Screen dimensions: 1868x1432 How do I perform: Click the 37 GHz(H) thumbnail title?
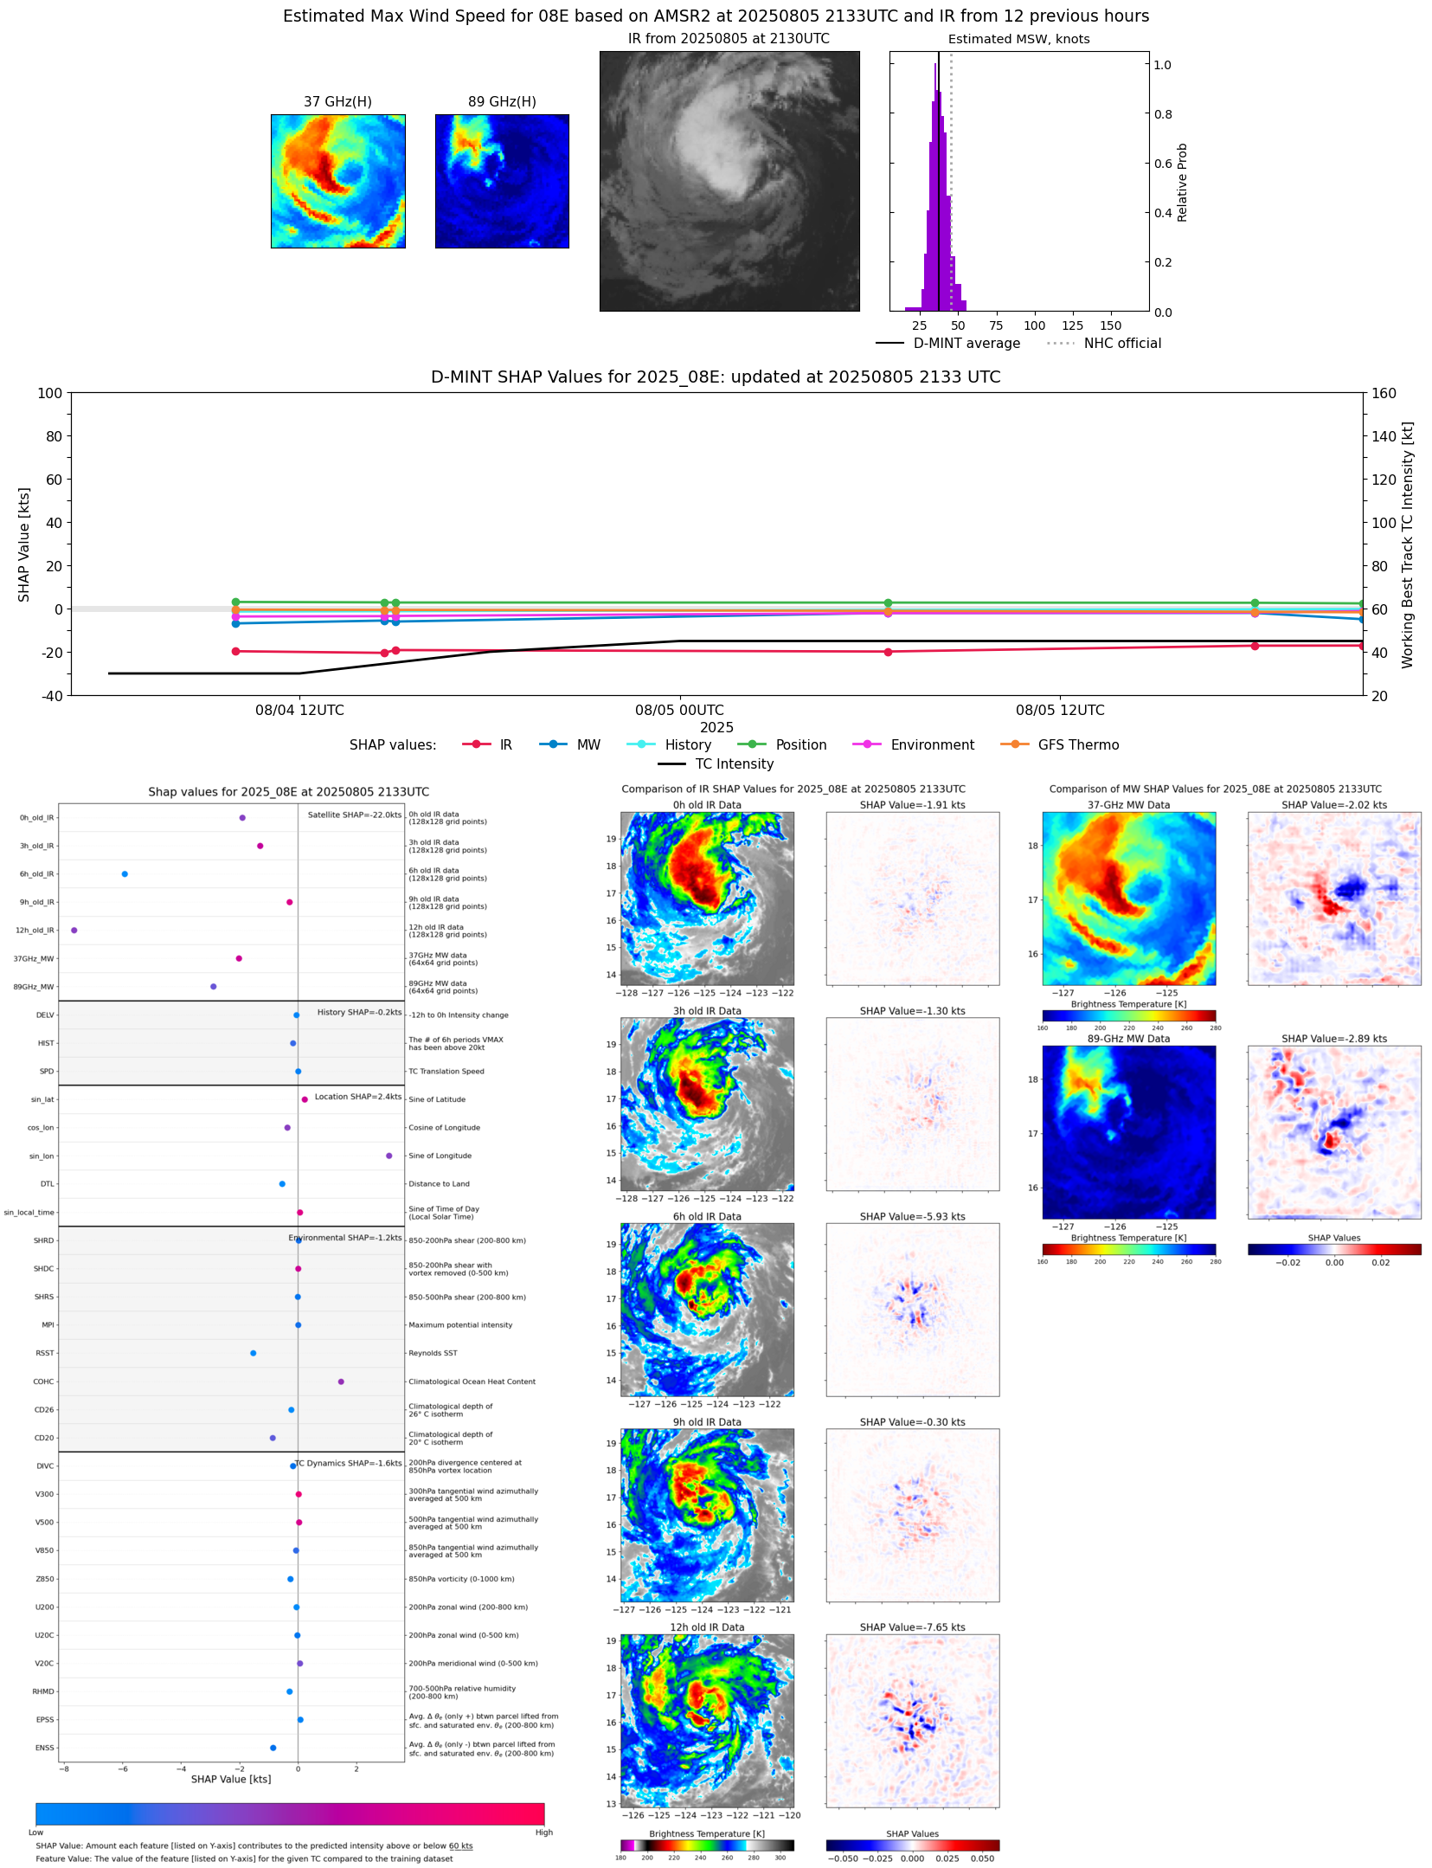click(x=337, y=102)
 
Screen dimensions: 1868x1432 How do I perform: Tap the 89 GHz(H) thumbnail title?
click(x=502, y=102)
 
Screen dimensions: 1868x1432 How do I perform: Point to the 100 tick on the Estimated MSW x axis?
click(x=1034, y=326)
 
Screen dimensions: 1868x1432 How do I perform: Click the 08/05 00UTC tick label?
click(x=679, y=711)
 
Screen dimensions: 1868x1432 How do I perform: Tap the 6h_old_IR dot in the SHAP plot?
click(x=125, y=874)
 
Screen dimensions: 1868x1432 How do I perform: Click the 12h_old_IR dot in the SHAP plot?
click(x=74, y=931)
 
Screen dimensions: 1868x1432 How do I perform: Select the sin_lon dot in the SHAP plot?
click(x=389, y=1156)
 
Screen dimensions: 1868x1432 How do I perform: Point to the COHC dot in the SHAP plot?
click(x=341, y=1382)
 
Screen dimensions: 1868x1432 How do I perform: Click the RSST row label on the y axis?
click(x=44, y=1353)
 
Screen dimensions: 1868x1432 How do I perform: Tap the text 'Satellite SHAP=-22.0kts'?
click(x=354, y=815)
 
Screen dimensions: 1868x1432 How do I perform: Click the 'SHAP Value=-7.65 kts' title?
click(x=912, y=1627)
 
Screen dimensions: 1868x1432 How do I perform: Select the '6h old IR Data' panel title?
click(x=707, y=1217)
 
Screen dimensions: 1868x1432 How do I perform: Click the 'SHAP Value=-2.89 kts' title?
click(x=1333, y=1039)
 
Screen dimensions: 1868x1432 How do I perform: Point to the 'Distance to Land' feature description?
click(x=439, y=1184)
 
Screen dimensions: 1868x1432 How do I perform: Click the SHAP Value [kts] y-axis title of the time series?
click(x=24, y=544)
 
